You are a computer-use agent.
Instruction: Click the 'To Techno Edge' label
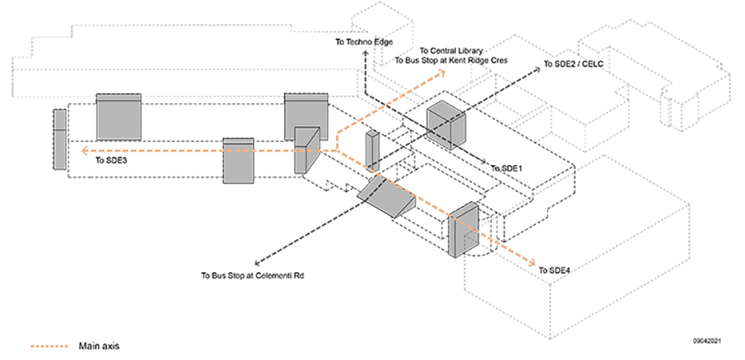click(x=364, y=41)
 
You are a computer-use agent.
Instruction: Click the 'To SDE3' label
click(x=111, y=161)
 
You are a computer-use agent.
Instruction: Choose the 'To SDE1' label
click(x=508, y=168)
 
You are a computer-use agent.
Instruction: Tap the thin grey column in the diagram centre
click(x=372, y=151)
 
